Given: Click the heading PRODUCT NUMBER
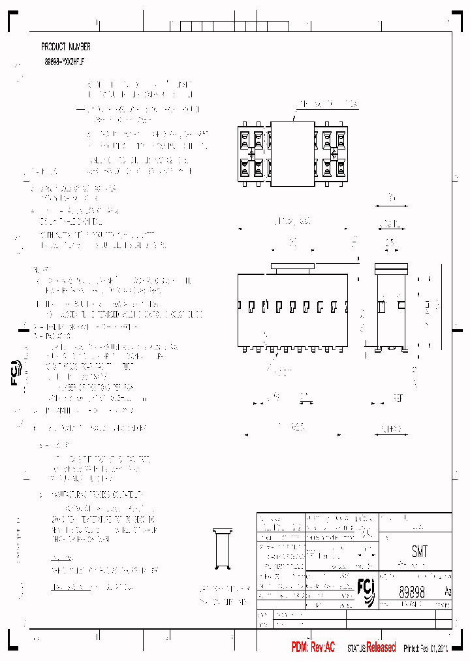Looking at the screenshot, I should pyautogui.click(x=65, y=47).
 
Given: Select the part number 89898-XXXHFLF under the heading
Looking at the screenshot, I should pyautogui.click(x=63, y=60).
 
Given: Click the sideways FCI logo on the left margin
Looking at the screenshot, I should pyautogui.click(x=16, y=372).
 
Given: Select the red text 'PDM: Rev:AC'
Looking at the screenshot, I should pyautogui.click(x=313, y=647).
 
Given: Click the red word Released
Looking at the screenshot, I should pyautogui.click(x=381, y=647).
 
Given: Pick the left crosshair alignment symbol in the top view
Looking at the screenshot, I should pyautogui.click(x=251, y=155).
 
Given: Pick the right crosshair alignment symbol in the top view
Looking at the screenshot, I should pyautogui.click(x=334, y=154).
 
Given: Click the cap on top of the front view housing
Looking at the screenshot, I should pyautogui.click(x=292, y=266).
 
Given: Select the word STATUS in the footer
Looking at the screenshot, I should pyautogui.click(x=356, y=648).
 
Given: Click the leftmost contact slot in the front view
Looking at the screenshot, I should pyautogui.click(x=241, y=305).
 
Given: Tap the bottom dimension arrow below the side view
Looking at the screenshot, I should pyautogui.click(x=391, y=429).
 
